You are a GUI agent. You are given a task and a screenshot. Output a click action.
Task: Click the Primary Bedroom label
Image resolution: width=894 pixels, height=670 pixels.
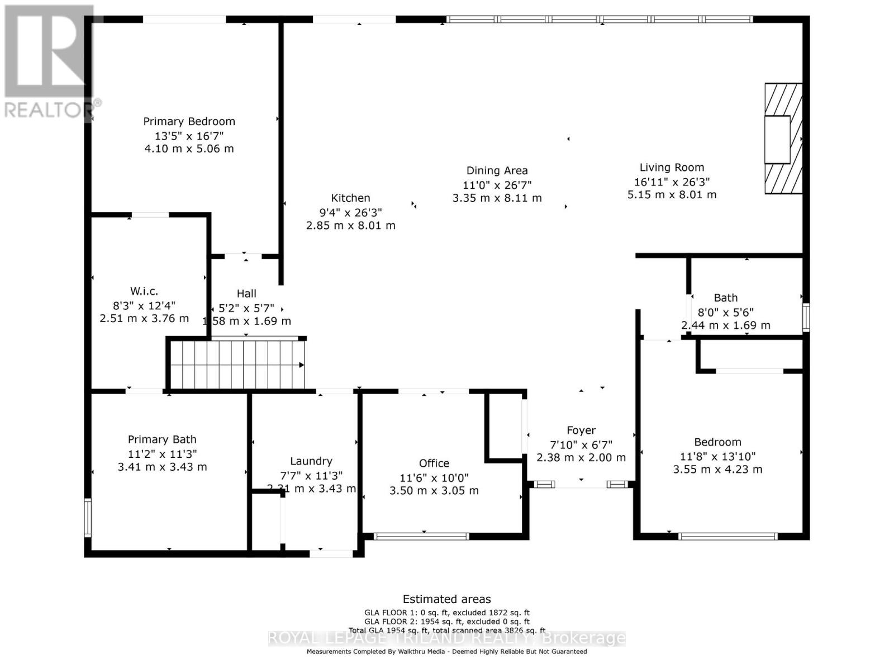tap(189, 121)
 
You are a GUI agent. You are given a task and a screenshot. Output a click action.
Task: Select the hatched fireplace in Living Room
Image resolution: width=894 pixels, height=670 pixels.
tap(783, 138)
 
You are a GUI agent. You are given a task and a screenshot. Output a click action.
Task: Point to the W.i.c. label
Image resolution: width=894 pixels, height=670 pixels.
tap(144, 291)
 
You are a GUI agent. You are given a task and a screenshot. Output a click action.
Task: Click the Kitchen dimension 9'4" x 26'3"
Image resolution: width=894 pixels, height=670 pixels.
tap(350, 212)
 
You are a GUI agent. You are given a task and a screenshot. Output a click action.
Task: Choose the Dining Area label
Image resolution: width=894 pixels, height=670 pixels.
tap(497, 170)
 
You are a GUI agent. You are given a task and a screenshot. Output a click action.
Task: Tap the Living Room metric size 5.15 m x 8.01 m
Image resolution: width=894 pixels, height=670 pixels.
tap(672, 195)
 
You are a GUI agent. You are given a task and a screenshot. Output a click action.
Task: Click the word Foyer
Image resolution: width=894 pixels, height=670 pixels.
tap(581, 430)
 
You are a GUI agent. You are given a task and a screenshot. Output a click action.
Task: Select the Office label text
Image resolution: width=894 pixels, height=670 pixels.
tap(434, 463)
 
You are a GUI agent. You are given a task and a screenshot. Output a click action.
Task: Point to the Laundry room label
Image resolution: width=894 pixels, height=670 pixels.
tap(311, 461)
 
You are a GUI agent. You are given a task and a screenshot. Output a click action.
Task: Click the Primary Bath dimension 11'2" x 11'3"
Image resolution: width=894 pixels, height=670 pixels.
tap(162, 454)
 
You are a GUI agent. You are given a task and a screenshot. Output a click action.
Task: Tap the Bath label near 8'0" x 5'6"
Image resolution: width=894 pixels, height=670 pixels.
tap(725, 298)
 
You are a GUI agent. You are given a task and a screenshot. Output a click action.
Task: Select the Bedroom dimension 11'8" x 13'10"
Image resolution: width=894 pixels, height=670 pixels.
tap(717, 456)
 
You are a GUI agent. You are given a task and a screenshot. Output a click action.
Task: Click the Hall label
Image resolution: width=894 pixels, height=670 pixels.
tap(246, 293)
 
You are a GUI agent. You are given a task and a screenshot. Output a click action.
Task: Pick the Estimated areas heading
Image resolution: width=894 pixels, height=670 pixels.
tap(446, 599)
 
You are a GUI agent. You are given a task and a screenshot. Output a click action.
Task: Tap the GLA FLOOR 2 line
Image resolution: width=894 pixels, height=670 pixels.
tap(446, 621)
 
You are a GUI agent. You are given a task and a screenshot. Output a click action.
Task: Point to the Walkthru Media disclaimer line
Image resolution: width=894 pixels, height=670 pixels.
tap(446, 652)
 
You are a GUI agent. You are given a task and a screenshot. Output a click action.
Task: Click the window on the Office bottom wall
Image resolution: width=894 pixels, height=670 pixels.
tap(421, 537)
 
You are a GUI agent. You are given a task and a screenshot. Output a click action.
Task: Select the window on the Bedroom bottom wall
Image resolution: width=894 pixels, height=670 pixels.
tap(727, 537)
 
